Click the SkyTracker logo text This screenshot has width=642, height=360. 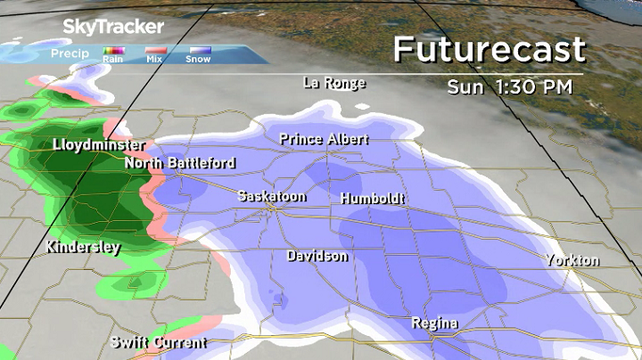[x=113, y=27]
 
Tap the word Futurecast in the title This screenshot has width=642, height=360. [x=489, y=49]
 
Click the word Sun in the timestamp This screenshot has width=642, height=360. [x=466, y=87]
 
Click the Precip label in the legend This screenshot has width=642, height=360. [x=69, y=53]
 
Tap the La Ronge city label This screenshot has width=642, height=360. [x=334, y=83]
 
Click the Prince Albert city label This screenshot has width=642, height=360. [x=324, y=139]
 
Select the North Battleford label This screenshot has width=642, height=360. [x=180, y=163]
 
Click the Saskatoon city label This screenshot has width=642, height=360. [x=272, y=196]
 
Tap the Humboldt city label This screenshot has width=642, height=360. [x=373, y=199]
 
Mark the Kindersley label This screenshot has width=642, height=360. [x=83, y=248]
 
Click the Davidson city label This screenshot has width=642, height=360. [x=317, y=257]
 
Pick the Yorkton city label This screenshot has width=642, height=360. [x=573, y=260]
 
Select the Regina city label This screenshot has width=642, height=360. [x=435, y=322]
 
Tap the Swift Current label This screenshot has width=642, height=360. [x=159, y=342]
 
